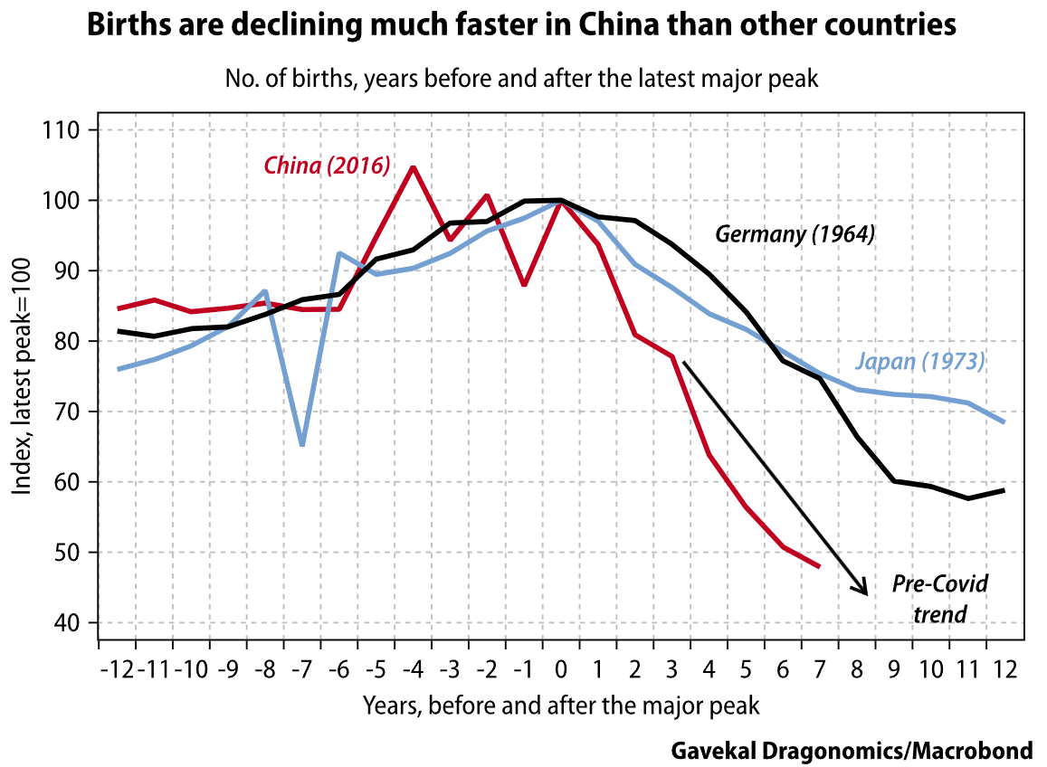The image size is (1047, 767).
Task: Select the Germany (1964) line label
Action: (795, 234)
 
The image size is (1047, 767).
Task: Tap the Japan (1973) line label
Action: (919, 362)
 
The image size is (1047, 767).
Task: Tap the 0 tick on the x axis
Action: (561, 670)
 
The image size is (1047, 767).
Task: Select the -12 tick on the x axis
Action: (119, 670)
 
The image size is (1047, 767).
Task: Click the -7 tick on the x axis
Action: (302, 670)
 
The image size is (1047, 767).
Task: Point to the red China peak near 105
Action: (413, 167)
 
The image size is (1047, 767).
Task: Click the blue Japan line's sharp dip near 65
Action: (301, 444)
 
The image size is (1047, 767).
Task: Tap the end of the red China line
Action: (819, 567)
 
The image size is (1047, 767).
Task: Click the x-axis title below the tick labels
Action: (560, 705)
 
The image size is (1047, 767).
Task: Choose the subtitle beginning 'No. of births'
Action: (521, 79)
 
